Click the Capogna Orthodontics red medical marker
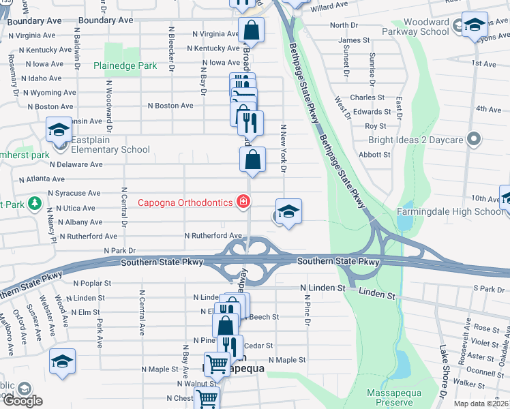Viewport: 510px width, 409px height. pos(242,202)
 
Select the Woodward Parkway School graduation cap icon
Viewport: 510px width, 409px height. pos(475,25)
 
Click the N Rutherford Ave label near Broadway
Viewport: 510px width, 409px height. pos(213,236)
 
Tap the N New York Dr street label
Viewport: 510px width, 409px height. pos(281,147)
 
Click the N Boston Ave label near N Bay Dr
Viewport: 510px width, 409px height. pos(170,106)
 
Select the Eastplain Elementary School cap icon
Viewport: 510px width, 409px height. pos(59,130)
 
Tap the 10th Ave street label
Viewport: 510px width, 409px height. pos(485,199)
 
